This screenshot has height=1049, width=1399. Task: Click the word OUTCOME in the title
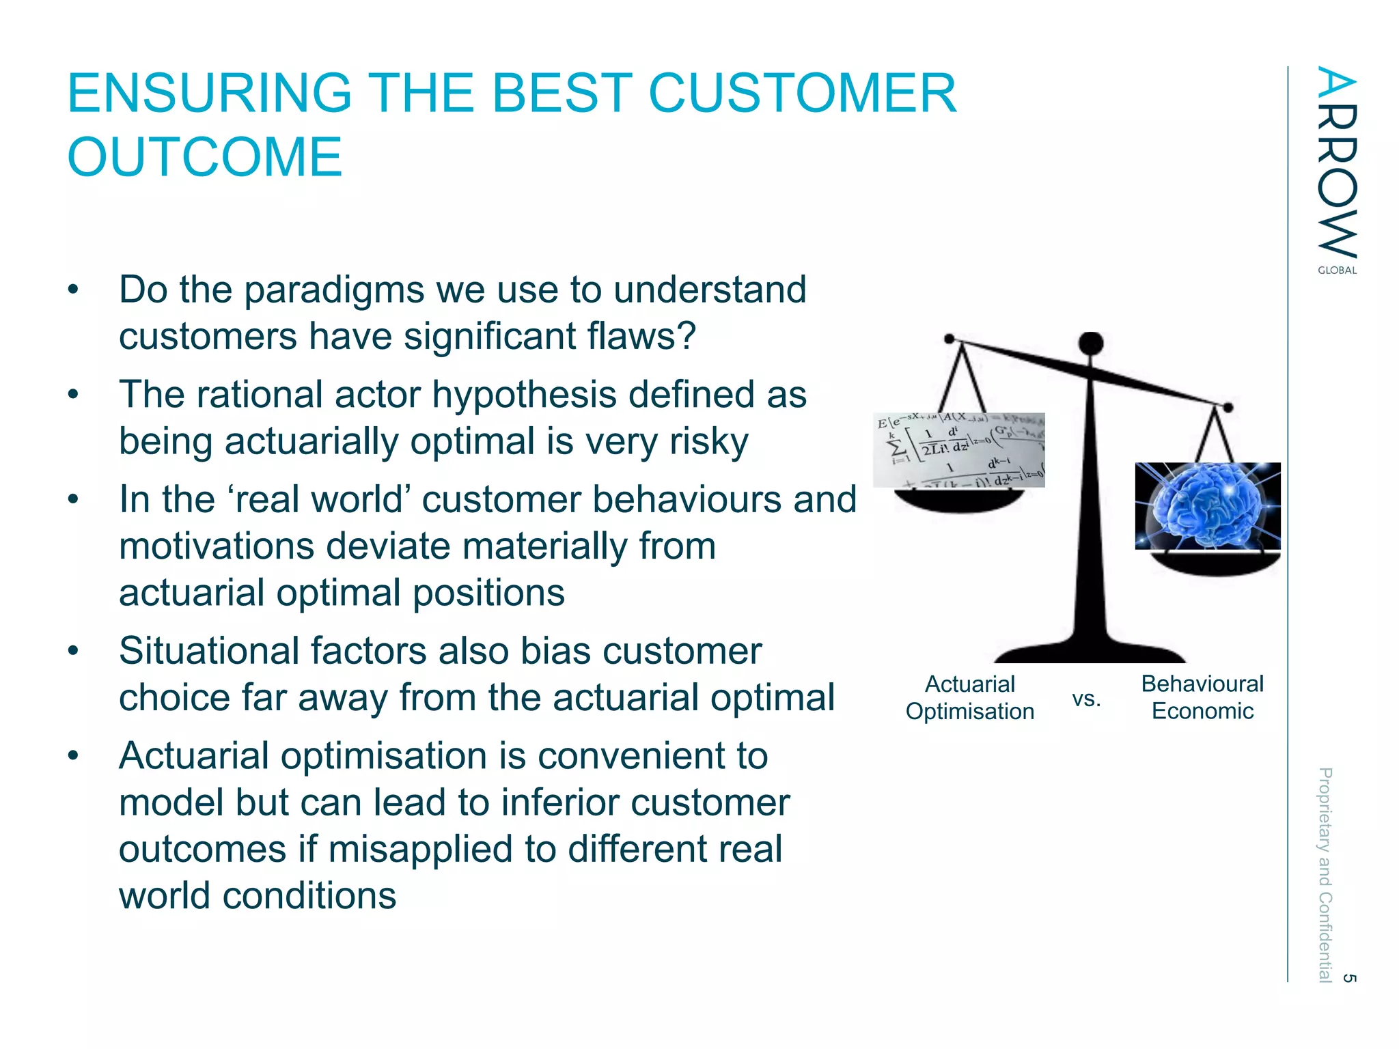point(204,158)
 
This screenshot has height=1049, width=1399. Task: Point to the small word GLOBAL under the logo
point(1337,270)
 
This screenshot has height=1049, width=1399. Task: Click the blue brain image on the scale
point(1207,506)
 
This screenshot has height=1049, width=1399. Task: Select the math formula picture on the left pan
point(958,450)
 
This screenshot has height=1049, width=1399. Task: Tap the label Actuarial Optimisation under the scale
point(969,697)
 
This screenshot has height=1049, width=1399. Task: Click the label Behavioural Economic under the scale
point(1202,697)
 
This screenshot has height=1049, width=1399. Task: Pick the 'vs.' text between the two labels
point(1086,699)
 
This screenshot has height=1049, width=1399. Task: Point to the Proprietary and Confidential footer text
point(1325,874)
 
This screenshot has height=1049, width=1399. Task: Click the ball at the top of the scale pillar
point(1090,344)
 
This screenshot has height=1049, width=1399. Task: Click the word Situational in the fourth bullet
point(208,651)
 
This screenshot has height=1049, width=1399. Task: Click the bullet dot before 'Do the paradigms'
point(73,290)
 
